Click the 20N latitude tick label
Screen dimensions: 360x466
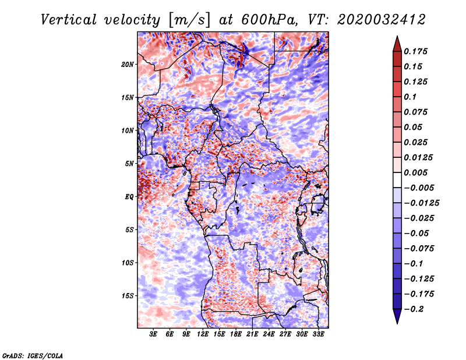pyautogui.click(x=128, y=64)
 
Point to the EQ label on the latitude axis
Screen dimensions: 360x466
pyautogui.click(x=129, y=197)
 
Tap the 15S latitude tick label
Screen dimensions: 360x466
pyautogui.click(x=128, y=296)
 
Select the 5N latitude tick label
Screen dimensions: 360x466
pyautogui.click(x=129, y=164)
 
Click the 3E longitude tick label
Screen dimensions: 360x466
pyautogui.click(x=154, y=334)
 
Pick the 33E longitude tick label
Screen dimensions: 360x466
pyautogui.click(x=318, y=334)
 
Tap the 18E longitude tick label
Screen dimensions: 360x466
pyautogui.click(x=236, y=334)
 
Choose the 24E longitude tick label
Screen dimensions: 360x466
pyautogui.click(x=269, y=334)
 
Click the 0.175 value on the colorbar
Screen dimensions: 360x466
pyautogui.click(x=417, y=51)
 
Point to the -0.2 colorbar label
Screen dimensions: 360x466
pyautogui.click(x=416, y=309)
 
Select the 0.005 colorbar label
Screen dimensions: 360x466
pyautogui.click(x=417, y=172)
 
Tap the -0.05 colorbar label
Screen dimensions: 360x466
pyautogui.click(x=416, y=233)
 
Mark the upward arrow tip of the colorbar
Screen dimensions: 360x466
pyautogui.click(x=397, y=38)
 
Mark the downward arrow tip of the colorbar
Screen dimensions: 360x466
pyautogui.click(x=397, y=322)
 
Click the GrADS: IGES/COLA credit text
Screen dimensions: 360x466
pyautogui.click(x=33, y=355)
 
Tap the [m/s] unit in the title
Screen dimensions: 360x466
pyautogui.click(x=187, y=19)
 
